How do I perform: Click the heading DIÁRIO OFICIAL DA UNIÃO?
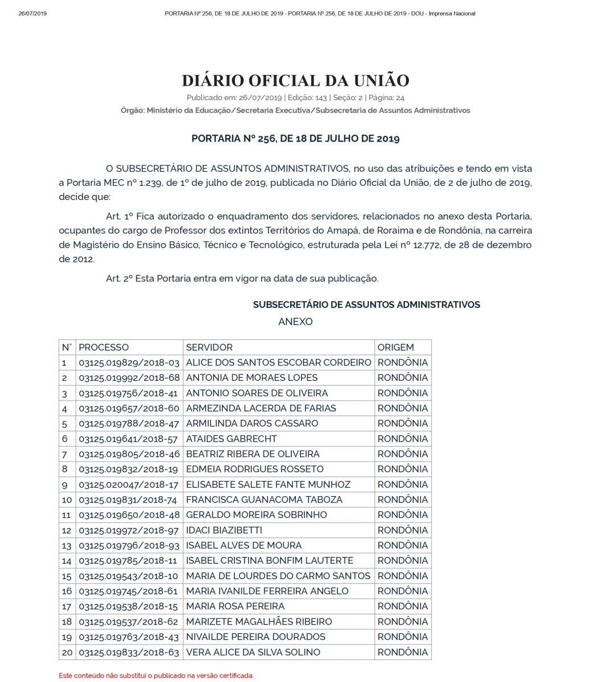click(x=295, y=80)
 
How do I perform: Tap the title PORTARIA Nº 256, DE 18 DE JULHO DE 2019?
click(x=295, y=138)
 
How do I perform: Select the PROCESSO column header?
click(x=104, y=347)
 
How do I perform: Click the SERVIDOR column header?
click(x=209, y=347)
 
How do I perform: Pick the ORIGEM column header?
click(x=395, y=347)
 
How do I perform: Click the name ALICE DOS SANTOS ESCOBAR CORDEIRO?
click(x=278, y=363)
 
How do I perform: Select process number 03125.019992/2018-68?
click(x=129, y=378)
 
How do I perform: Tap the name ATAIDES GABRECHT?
click(x=231, y=439)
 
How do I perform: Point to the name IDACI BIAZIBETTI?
click(x=224, y=530)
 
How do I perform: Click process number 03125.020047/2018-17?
click(x=129, y=485)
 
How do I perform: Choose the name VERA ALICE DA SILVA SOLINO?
click(x=253, y=652)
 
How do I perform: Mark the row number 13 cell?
click(x=67, y=546)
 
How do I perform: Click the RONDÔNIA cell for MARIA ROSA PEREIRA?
click(x=402, y=606)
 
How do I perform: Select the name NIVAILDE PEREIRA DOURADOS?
click(x=255, y=637)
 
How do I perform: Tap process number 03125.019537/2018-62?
click(x=129, y=622)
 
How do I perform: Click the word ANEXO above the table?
click(x=295, y=322)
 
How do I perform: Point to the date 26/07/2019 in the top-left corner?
click(x=32, y=14)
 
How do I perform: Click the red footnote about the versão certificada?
click(x=156, y=676)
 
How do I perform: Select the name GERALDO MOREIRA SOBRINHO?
click(x=256, y=515)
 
